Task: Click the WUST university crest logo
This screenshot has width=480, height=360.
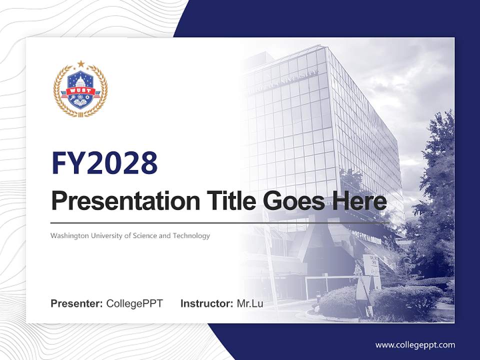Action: tap(80, 90)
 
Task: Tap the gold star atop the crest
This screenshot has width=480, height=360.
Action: tap(80, 64)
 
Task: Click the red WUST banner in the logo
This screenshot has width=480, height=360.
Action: tap(80, 91)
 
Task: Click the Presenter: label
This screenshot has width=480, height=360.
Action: tap(77, 303)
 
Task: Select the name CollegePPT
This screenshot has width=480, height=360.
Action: tap(134, 303)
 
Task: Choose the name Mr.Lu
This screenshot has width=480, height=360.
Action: tap(250, 303)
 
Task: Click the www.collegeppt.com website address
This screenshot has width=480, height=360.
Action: tap(415, 344)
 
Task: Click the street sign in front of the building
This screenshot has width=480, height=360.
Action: tap(371, 265)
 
